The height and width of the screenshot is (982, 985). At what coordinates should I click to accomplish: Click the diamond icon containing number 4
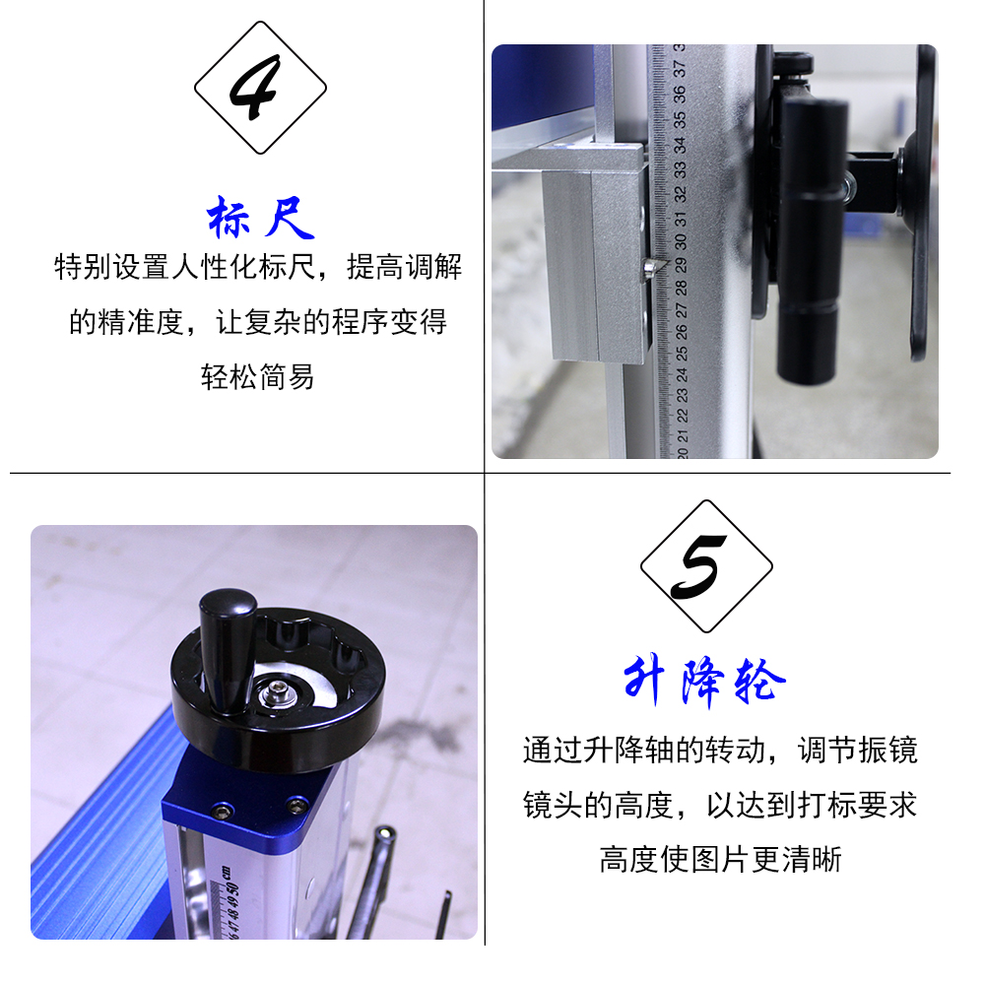260,88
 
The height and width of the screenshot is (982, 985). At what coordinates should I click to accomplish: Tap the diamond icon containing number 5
706,565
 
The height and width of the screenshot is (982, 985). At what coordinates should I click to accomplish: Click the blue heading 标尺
260,217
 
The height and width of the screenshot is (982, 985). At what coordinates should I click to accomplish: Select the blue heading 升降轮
705,682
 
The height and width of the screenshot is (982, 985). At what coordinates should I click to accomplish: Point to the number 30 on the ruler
681,241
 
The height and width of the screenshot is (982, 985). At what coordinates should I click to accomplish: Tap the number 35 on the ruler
679,119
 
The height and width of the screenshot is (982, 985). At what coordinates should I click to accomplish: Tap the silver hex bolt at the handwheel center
275,692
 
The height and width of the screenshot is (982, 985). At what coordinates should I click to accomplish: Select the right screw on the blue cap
295,804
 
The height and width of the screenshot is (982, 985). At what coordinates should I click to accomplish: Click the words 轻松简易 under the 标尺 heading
257,377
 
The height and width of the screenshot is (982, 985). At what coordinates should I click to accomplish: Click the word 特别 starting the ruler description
83,267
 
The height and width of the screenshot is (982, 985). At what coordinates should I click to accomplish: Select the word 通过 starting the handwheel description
553,750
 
